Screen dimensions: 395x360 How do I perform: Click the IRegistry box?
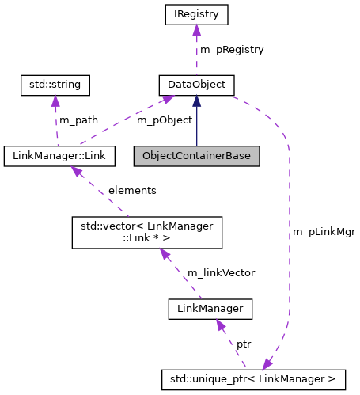[197, 14]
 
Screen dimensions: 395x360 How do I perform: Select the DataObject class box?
[197, 84]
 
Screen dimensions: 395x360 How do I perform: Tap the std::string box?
[55, 84]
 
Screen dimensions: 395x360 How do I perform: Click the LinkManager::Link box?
[59, 155]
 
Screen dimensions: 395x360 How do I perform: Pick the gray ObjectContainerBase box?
[196, 155]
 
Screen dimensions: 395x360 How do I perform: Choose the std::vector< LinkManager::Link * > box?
[146, 232]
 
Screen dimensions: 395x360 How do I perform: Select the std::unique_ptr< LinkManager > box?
[254, 380]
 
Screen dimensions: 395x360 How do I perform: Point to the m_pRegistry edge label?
[232, 49]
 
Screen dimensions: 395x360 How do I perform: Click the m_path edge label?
[79, 120]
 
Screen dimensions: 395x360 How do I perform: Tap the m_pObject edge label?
[165, 120]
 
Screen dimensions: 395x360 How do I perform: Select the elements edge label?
[132, 191]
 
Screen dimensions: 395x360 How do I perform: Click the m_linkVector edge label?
[221, 272]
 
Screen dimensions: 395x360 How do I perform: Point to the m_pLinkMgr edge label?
[324, 232]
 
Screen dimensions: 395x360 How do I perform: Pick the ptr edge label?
[244, 345]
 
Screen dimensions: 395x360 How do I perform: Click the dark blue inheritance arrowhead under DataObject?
[197, 101]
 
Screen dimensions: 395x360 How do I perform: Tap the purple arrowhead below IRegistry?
[197, 31]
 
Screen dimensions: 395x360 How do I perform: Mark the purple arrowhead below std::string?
[55, 101]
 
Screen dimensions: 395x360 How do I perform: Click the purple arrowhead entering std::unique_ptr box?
[267, 364]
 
